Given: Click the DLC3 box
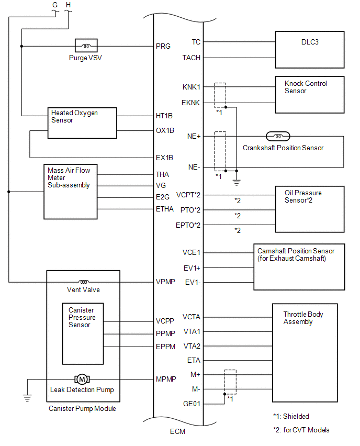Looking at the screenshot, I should (310, 50).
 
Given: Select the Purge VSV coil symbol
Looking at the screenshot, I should (85, 46).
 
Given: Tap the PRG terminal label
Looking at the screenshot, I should (163, 46).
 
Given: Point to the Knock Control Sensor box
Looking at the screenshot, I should (310, 94).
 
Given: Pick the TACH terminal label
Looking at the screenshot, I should (192, 58).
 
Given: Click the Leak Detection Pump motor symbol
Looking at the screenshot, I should (82, 379).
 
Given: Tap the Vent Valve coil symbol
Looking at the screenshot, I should (84, 282).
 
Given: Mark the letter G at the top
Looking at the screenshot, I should (55, 5).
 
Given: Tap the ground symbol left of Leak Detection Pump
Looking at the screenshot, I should (27, 397).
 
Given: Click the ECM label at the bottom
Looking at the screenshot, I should (177, 432).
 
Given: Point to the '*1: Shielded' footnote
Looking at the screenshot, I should (291, 417).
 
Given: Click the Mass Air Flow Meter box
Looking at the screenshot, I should (71, 192).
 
